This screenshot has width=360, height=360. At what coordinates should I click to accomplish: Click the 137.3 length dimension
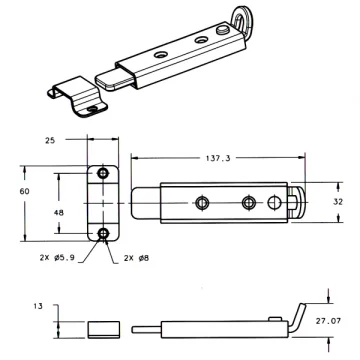[x=218, y=158]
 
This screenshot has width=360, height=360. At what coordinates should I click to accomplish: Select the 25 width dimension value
[x=50, y=140]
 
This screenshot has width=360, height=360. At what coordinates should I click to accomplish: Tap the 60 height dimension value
[x=24, y=191]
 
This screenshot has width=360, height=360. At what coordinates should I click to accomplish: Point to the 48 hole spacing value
[x=59, y=212]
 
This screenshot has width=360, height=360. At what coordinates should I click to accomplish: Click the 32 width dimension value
[x=338, y=202]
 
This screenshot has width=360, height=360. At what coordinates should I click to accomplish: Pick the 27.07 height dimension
[x=328, y=321]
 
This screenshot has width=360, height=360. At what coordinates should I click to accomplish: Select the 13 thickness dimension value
[x=38, y=306]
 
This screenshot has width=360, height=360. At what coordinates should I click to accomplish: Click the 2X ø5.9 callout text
[x=58, y=258]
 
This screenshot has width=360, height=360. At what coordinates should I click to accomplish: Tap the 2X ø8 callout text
[x=136, y=258]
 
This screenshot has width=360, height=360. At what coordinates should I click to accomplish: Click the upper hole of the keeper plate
[x=103, y=173]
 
